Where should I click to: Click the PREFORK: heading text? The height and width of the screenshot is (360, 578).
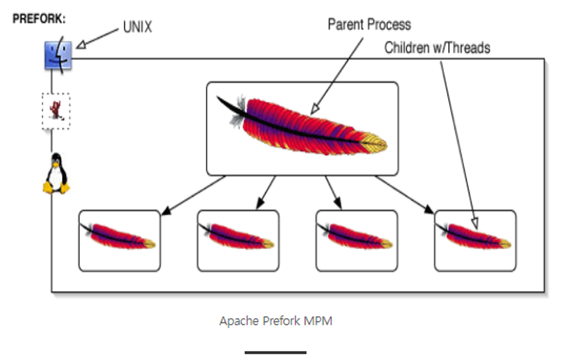click(39, 19)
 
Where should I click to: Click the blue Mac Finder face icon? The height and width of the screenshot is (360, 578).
click(58, 55)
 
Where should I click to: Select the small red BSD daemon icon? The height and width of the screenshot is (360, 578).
click(56, 110)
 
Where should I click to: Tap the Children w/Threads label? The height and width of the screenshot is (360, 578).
click(437, 48)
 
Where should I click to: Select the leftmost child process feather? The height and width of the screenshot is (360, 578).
click(118, 236)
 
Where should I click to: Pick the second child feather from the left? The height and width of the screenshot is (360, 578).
click(237, 236)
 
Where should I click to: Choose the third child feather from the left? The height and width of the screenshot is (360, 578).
click(356, 236)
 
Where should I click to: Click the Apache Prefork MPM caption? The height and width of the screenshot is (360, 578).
click(276, 321)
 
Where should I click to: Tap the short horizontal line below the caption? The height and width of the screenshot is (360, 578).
click(276, 352)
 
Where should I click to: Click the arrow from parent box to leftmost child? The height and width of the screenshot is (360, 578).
click(193, 195)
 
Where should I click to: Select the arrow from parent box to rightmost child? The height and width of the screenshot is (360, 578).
click(404, 194)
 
